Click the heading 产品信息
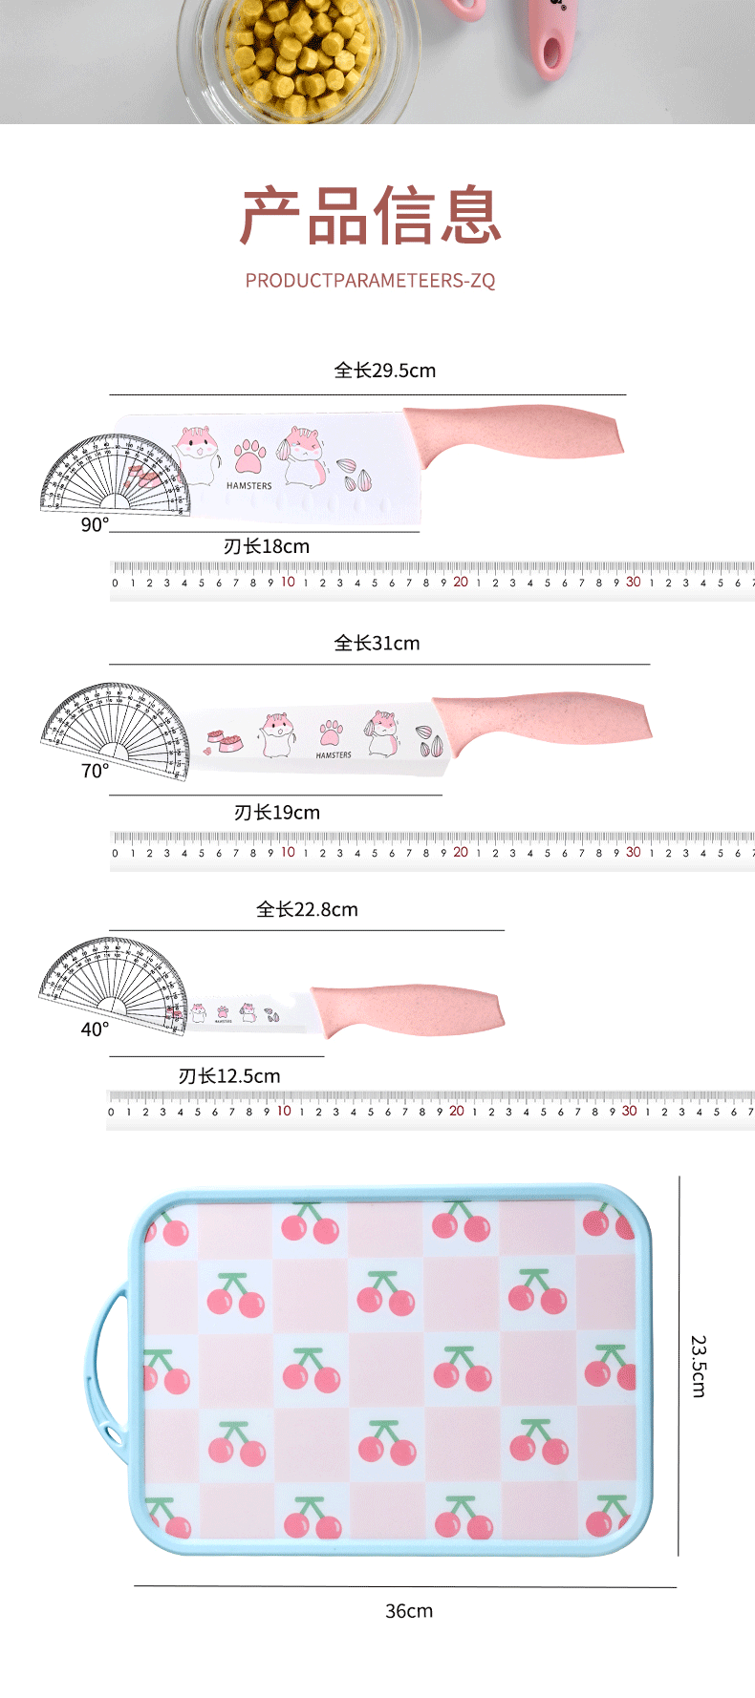coord(371,216)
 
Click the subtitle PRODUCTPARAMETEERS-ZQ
coord(371,281)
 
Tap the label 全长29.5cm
coord(385,371)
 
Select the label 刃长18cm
coord(267,546)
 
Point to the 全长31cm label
coord(377,644)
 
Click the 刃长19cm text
coord(277,813)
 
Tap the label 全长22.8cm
coord(307,910)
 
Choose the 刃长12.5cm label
coord(229,1076)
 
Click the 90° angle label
coord(95,525)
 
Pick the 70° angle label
coord(95,771)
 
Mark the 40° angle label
coord(95,1029)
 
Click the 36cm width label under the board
coord(409,1611)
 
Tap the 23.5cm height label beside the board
coord(699,1367)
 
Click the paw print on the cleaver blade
coord(249,457)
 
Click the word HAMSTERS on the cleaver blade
coord(248,486)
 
